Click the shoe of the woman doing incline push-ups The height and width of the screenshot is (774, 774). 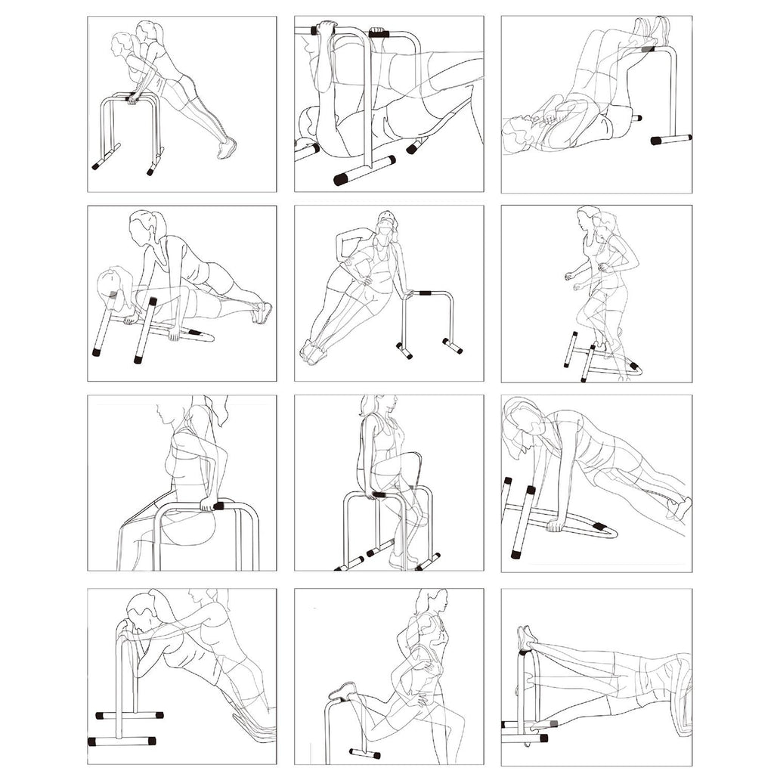[x=226, y=148]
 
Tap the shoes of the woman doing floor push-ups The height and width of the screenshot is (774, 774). [x=262, y=311]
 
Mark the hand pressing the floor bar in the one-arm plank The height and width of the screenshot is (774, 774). [x=556, y=523]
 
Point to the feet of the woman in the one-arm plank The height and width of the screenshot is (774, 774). [x=681, y=508]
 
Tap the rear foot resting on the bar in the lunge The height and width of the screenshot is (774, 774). [x=343, y=690]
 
